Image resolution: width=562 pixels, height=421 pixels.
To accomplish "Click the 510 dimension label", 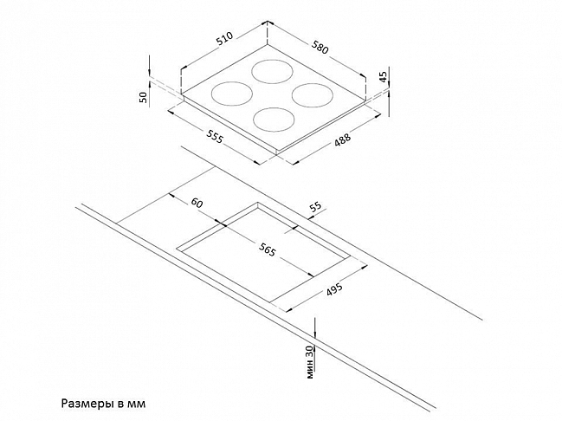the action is (225, 40).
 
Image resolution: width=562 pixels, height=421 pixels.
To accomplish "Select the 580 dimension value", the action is (320, 48).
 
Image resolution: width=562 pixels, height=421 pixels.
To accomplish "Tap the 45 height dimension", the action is (383, 77).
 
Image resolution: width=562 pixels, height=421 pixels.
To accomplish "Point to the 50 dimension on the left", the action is (144, 97).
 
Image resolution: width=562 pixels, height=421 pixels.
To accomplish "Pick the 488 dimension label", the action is (342, 139).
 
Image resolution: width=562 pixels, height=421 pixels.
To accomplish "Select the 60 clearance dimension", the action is (197, 203).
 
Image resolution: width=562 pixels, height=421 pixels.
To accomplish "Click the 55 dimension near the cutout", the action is (316, 207).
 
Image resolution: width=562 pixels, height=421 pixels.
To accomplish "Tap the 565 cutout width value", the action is (267, 249).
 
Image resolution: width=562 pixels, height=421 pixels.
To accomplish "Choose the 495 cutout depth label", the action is (334, 289).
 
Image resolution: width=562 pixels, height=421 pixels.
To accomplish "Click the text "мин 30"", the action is (310, 361).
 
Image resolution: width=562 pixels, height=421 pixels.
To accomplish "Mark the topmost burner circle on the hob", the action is (273, 72).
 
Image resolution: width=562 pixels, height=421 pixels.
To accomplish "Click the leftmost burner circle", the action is (231, 94).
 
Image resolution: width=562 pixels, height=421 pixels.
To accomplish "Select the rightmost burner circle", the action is (313, 95).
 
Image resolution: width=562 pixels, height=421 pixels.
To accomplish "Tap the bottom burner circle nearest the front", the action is (274, 120).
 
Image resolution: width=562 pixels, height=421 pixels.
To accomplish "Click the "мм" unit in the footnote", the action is (137, 405).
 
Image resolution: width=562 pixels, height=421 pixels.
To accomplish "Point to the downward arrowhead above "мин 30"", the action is (314, 333).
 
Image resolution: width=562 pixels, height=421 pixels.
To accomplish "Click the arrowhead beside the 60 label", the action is (171, 196).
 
